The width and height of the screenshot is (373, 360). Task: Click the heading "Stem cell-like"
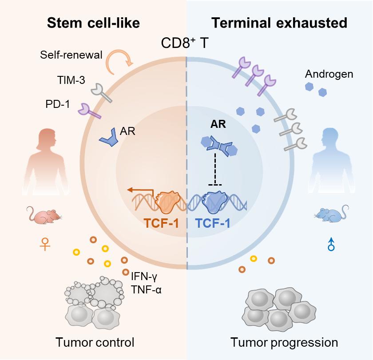point(94,23)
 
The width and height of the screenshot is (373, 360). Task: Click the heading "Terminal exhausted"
point(279,23)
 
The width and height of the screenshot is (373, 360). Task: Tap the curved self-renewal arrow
point(118,61)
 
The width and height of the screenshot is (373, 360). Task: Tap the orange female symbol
point(45,244)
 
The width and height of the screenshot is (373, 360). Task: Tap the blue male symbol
point(330,243)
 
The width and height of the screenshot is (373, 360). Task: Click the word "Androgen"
point(329,74)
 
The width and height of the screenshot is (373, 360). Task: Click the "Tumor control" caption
point(95,342)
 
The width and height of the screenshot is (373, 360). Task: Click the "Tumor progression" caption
point(284,342)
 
